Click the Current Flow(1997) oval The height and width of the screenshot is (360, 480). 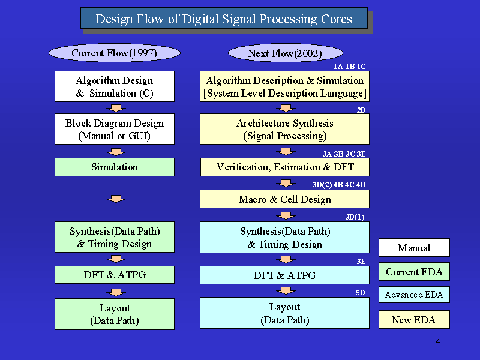tap(115, 53)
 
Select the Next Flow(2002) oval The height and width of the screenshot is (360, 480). tap(286, 53)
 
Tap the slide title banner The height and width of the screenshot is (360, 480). tap(224, 19)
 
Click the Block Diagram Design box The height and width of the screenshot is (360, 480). tap(115, 129)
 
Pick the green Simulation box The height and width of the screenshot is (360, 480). tap(115, 167)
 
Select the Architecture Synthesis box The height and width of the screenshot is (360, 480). tap(284, 129)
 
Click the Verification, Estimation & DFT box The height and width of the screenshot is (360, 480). tap(284, 167)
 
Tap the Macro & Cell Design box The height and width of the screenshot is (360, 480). tap(284, 199)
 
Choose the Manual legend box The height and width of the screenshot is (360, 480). tap(414, 247)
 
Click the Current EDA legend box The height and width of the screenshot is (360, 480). tap(414, 272)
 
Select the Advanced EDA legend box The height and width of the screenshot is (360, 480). tap(414, 295)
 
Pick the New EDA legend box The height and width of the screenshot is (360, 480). tap(414, 320)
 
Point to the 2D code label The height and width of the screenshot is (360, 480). tap(361, 110)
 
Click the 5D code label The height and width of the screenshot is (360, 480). tap(361, 292)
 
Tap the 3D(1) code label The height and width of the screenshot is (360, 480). tap(355, 217)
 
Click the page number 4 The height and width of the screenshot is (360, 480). tap(438, 341)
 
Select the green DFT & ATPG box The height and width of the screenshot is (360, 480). tap(115, 275)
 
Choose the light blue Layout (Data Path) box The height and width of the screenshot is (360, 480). tap(284, 313)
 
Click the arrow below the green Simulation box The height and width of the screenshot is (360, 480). tap(116, 199)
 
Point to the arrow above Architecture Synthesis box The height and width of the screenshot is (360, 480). tap(286, 108)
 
